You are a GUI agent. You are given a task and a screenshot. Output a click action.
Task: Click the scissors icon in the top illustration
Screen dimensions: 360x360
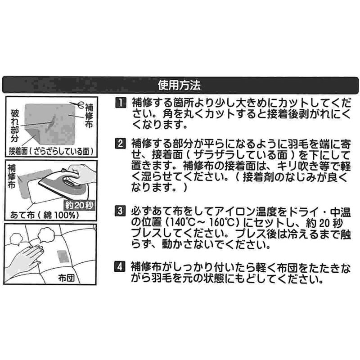pyautogui.click(x=77, y=105)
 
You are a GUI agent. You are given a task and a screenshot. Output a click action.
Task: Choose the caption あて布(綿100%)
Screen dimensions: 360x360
pyautogui.click(x=44, y=215)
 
